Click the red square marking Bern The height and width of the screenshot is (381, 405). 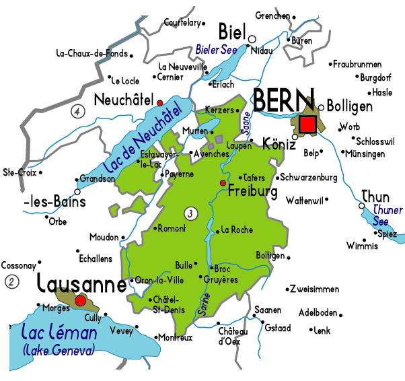[308, 124]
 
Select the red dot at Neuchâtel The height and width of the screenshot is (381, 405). [159, 102]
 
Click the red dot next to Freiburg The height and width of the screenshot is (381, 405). [223, 183]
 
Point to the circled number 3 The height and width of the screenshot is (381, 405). [192, 214]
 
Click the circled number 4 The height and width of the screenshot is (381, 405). [79, 110]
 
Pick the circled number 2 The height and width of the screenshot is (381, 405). [11, 281]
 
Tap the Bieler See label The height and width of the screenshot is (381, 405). [215, 50]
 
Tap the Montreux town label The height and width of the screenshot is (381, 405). [176, 337]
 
